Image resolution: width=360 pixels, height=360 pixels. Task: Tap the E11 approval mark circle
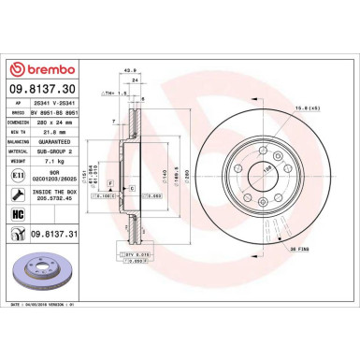pyautogui.click(x=19, y=174)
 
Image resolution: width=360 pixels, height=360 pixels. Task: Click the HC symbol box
pyautogui.click(x=19, y=215)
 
